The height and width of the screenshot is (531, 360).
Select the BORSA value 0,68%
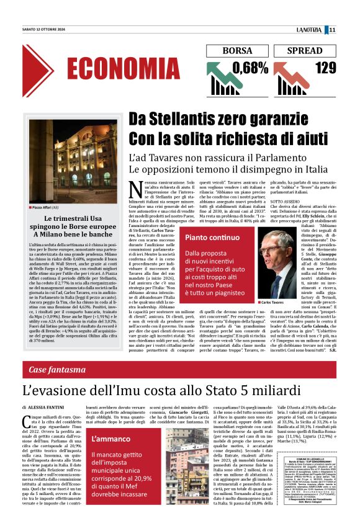tap(247, 66)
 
